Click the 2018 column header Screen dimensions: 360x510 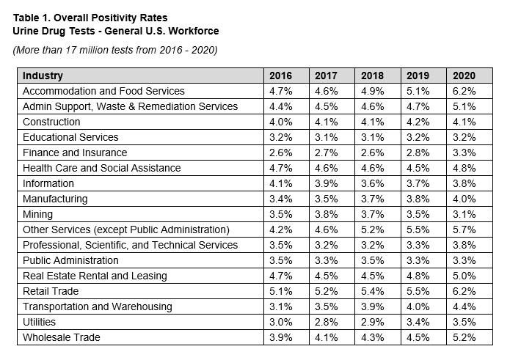point(372,76)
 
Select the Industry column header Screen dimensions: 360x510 point(43,76)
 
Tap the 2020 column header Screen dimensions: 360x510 point(464,76)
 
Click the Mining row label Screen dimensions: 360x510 point(37,214)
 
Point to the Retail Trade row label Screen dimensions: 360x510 point(51,291)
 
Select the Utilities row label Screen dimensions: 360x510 point(39,322)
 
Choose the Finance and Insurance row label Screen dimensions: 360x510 point(75,153)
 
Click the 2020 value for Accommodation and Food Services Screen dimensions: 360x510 point(464,91)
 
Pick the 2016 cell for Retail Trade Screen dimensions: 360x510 point(280,291)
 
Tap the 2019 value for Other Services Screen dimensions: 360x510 point(418,229)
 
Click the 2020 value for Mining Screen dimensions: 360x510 point(464,214)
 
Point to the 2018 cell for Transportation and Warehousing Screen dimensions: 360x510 point(372,306)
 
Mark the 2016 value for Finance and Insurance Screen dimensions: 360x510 point(280,153)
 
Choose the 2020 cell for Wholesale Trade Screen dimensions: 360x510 point(464,337)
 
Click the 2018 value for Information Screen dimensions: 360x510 point(372,183)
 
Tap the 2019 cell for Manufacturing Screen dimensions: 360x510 point(418,199)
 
